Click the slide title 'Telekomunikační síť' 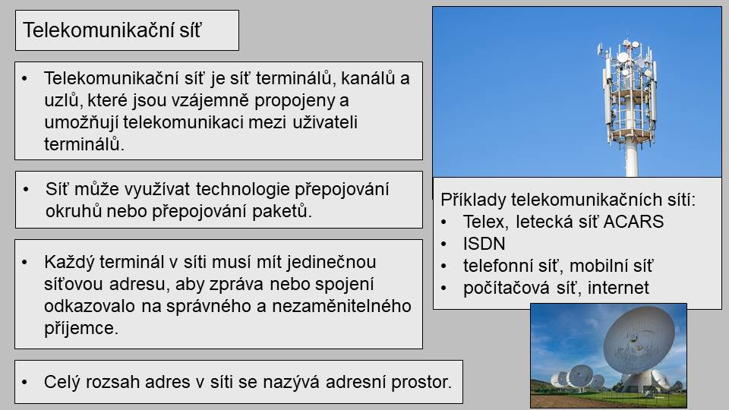[x=112, y=30]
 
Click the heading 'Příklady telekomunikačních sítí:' [x=568, y=200]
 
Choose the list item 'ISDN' [x=484, y=244]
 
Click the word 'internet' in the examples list [x=618, y=288]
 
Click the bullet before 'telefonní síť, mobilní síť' [x=444, y=266]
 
